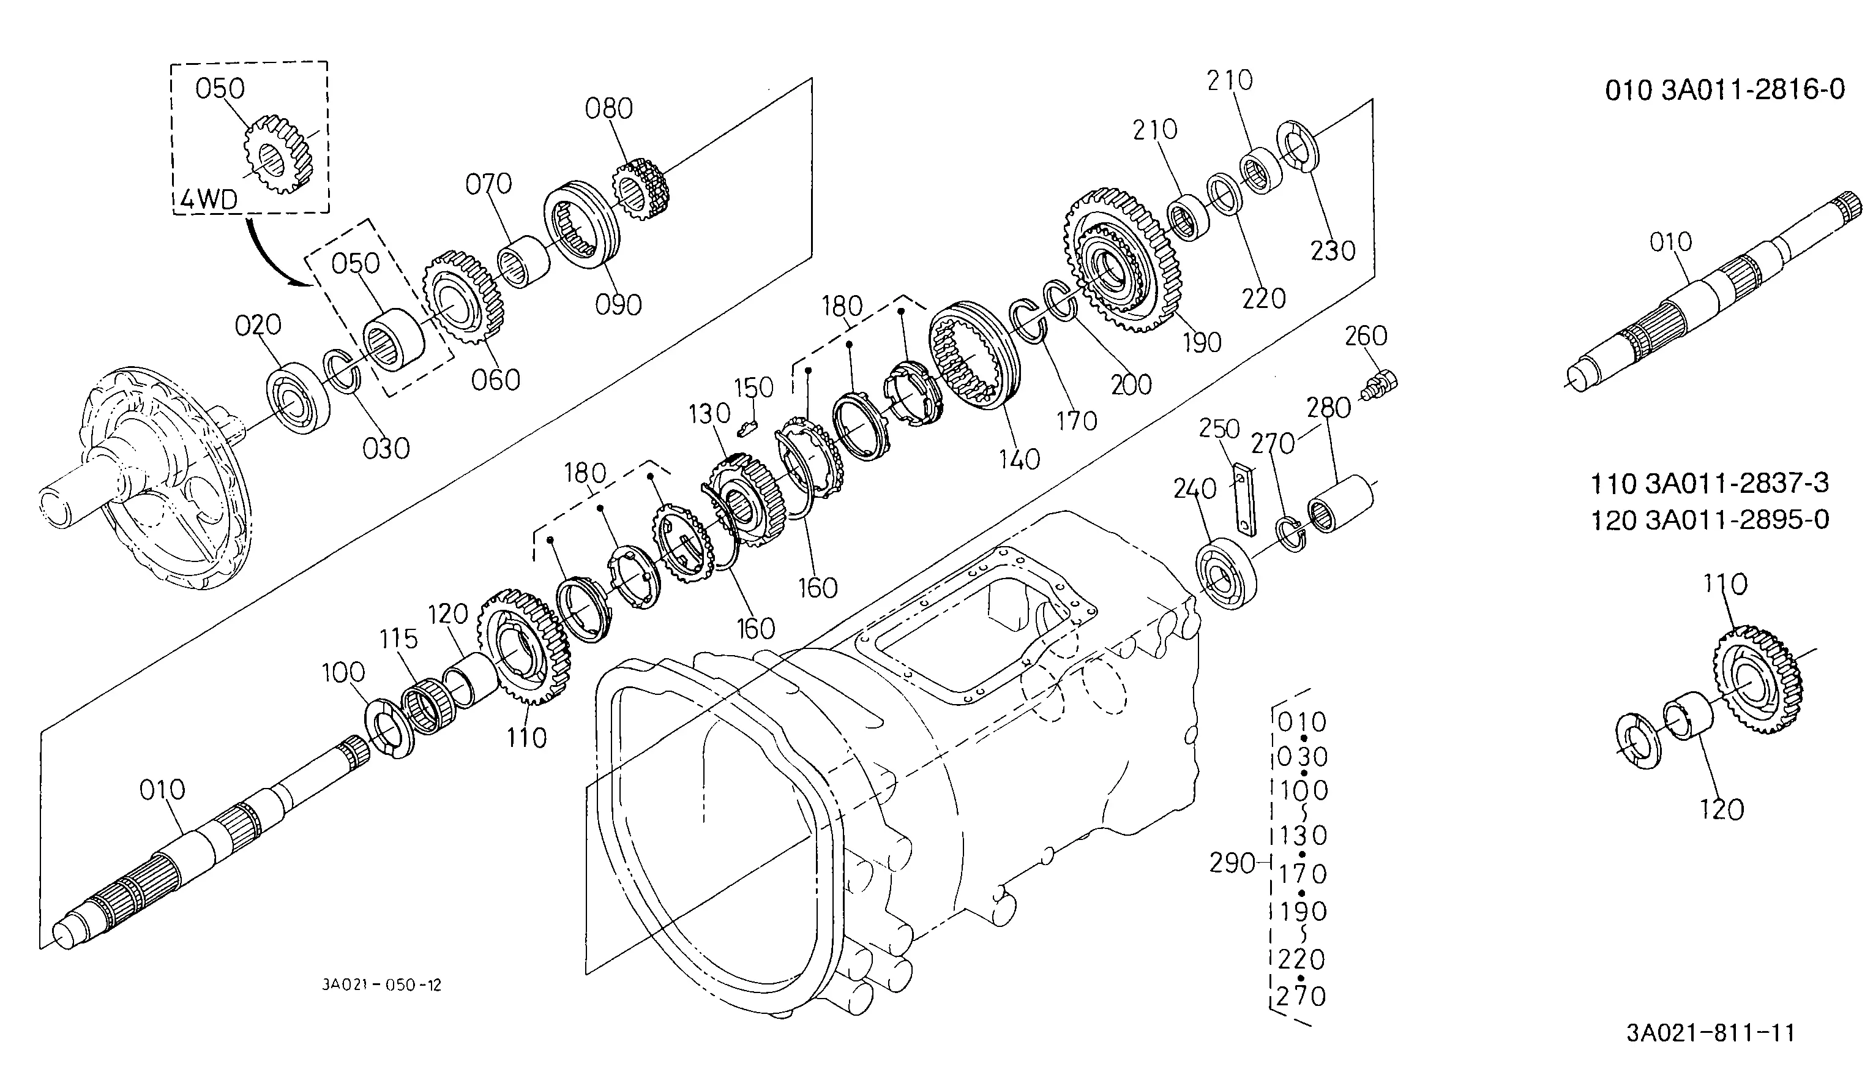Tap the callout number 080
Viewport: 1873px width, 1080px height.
(609, 109)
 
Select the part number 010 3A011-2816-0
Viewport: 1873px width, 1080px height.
(1725, 91)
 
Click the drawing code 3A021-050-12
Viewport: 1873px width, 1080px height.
(381, 985)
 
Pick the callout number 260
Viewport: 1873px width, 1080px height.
(1366, 336)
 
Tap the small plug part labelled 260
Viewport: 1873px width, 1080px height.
(1381, 384)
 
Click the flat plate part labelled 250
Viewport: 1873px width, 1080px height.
(1244, 498)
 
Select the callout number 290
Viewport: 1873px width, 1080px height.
(1232, 863)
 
